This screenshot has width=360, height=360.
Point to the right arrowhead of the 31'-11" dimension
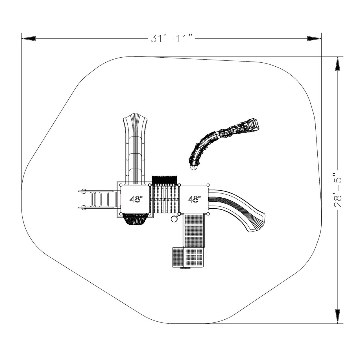coord(314,38)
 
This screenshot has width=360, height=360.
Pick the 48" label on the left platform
coord(136,199)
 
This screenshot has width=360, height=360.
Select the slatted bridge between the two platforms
coord(165,199)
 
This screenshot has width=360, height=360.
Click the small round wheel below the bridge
coord(174,219)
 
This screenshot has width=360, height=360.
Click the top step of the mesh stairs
coord(193,220)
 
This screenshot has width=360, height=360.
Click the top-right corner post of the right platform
coord(208,185)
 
